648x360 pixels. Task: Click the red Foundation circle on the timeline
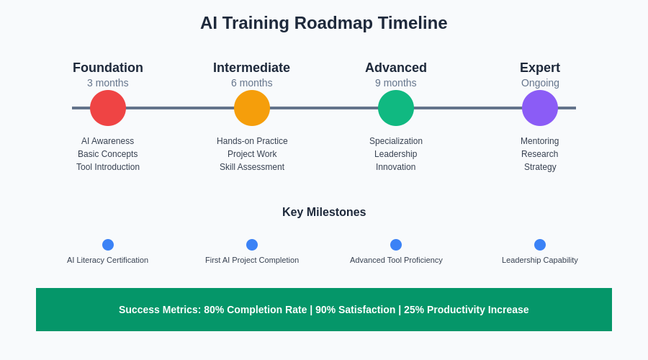pos(108,108)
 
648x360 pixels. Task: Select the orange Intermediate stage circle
pos(252,108)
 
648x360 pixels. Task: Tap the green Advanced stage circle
pos(396,108)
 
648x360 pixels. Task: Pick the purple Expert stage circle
pos(540,108)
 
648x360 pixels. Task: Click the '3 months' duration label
pos(108,83)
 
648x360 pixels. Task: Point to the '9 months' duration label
pos(396,83)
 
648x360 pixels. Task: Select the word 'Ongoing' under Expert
pos(540,84)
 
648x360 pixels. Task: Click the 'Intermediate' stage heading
pos(252,68)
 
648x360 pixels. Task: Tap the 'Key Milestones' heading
pos(324,212)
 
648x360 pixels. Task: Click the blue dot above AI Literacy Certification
pos(108,245)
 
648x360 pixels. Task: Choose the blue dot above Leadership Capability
pos(540,245)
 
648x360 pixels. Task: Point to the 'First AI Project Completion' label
pos(252,261)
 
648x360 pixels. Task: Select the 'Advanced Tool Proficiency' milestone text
pos(396,261)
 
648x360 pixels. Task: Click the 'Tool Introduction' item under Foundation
pos(108,167)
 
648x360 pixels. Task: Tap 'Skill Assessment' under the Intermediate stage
pos(252,167)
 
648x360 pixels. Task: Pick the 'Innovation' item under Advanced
pos(396,167)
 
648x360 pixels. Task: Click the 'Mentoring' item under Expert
pos(540,141)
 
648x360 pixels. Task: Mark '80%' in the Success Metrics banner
pos(214,310)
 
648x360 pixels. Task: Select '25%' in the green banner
pos(414,310)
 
